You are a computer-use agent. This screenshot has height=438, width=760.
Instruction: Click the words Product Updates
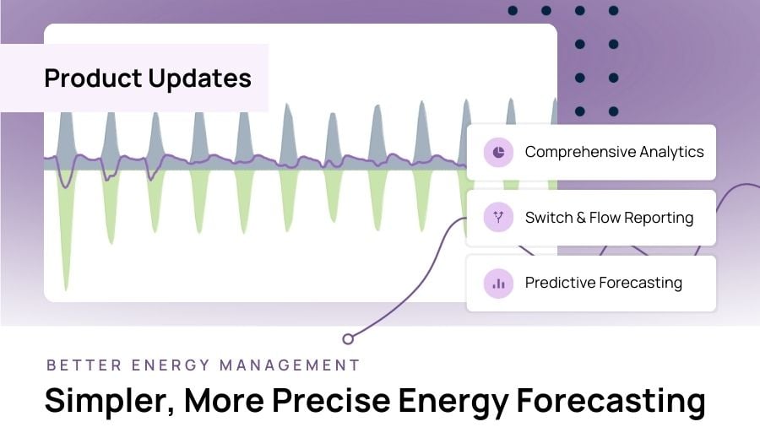point(148,78)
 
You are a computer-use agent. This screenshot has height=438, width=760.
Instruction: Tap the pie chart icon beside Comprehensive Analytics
point(498,153)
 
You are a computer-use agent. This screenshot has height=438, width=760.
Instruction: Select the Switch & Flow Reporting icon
point(498,218)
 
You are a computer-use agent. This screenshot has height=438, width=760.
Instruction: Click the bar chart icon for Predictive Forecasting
point(498,284)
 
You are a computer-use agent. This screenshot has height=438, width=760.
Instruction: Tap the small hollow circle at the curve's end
point(348,338)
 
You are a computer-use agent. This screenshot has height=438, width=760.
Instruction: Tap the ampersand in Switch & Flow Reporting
point(581,218)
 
